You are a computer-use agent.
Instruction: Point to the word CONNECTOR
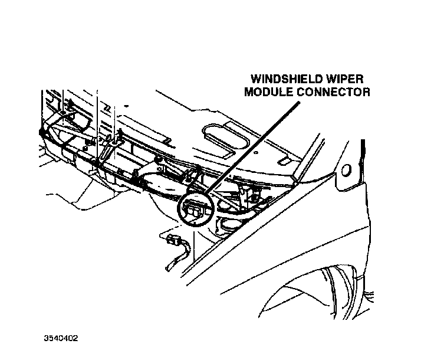(x=336, y=92)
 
